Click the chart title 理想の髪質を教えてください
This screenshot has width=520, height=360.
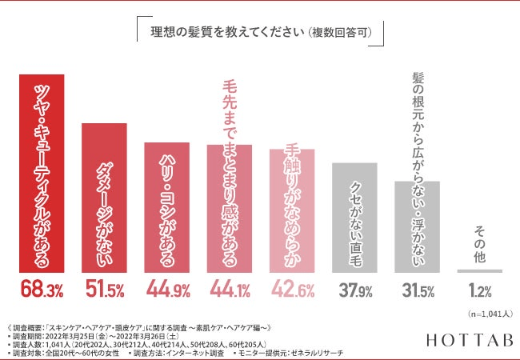[258, 34]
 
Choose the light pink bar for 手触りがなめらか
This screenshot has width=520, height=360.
[292, 210]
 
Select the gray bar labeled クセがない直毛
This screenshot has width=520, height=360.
[354, 217]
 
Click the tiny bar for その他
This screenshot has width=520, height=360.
[479, 270]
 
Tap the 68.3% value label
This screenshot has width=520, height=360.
[42, 290]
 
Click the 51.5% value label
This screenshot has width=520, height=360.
[104, 290]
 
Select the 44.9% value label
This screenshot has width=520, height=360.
[166, 290]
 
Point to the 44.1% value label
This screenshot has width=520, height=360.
[230, 290]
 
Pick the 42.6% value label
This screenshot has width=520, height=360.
[292, 290]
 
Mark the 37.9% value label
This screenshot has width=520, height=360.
[354, 290]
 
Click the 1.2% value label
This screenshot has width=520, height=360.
[479, 290]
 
